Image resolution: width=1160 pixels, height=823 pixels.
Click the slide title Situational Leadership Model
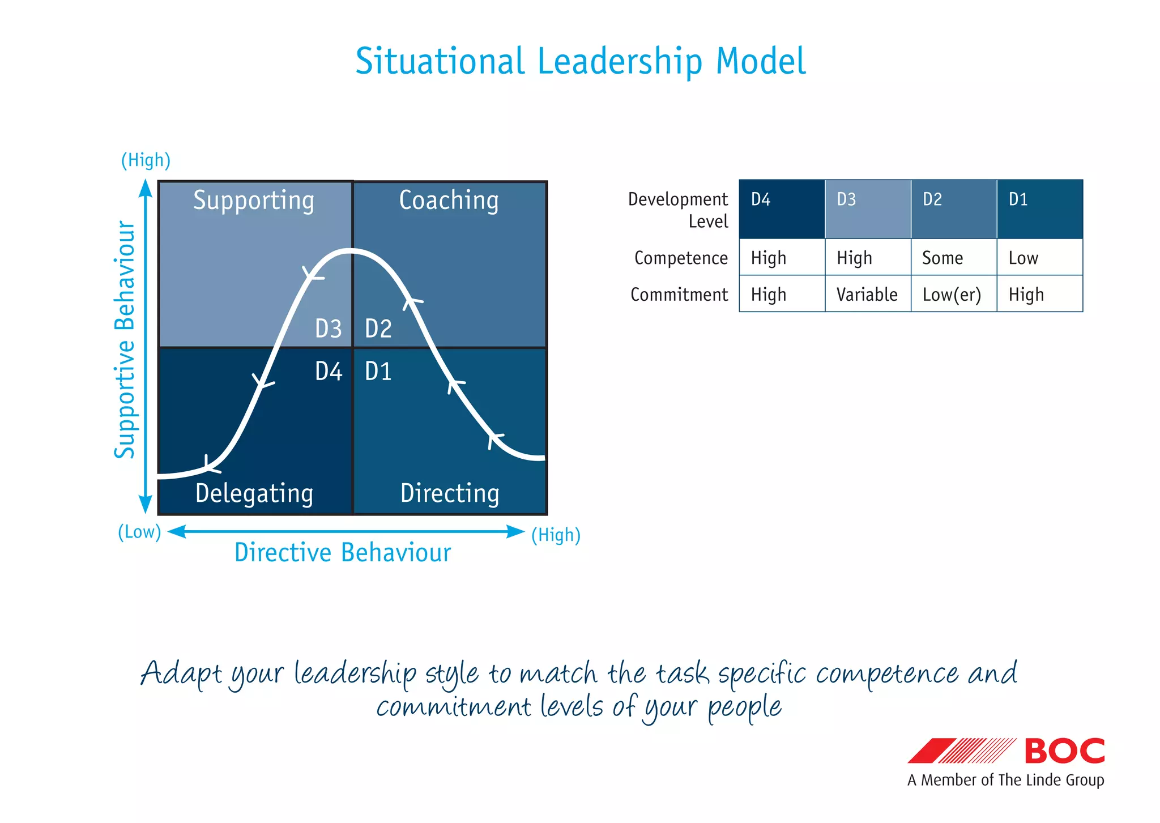580,61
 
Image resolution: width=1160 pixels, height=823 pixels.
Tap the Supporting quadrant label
253,201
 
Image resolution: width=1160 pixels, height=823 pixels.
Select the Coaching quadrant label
449,201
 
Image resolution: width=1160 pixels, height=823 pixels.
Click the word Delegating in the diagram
254,493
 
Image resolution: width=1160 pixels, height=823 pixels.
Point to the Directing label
450,493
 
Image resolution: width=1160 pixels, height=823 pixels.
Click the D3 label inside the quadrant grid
329,329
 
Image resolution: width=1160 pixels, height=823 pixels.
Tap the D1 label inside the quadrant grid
378,372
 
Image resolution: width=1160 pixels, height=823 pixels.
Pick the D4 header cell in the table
782,208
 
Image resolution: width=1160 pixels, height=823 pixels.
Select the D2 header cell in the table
953,208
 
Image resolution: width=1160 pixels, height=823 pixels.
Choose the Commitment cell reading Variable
867,295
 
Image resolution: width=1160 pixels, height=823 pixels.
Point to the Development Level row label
679,210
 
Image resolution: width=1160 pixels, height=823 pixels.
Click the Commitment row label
679,295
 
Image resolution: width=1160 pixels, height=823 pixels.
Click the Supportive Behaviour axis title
125,340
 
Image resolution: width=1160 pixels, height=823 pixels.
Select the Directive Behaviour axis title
343,553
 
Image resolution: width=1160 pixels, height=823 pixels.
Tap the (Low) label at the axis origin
139,532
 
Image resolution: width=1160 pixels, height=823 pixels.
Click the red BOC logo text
1064,751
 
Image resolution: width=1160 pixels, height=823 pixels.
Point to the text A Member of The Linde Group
1005,780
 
